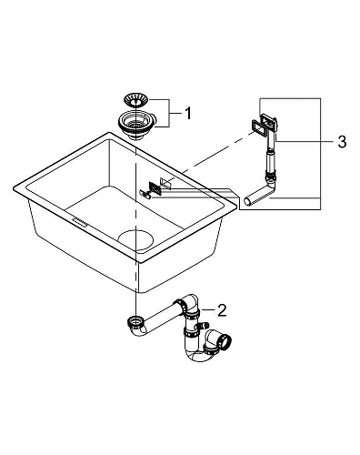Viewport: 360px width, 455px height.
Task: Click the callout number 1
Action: click(187, 114)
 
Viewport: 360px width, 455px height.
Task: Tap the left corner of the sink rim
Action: click(15, 187)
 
